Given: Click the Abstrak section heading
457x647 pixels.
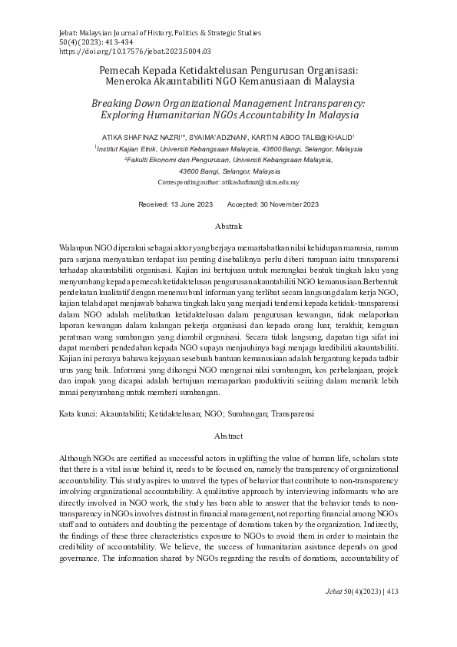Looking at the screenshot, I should tap(228, 227).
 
